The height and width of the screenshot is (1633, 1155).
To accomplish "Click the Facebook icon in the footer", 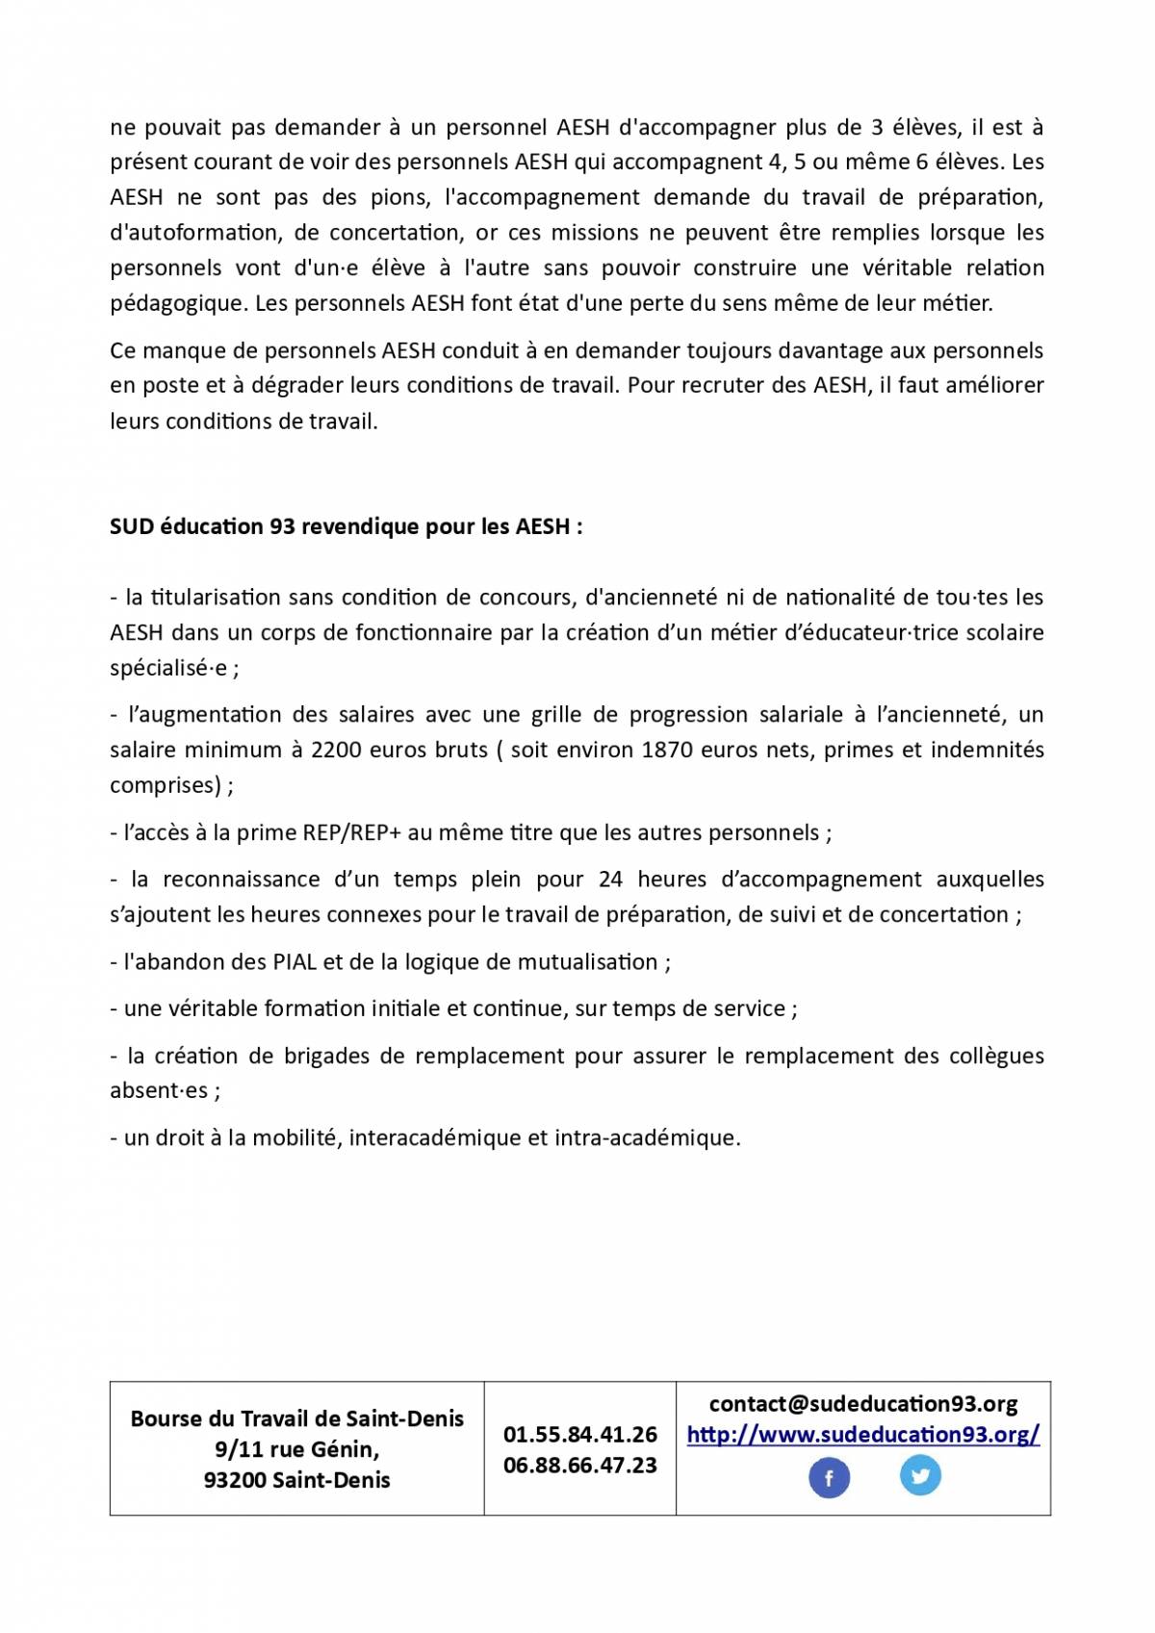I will pos(829,1478).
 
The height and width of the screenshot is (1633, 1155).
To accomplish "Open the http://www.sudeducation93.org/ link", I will pos(862,1435).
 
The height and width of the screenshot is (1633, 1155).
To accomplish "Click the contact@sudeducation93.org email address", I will pos(862,1404).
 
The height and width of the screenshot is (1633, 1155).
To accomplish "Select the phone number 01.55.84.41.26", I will pos(579,1435).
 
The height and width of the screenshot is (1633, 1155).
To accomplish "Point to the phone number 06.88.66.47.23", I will pos(579,1466).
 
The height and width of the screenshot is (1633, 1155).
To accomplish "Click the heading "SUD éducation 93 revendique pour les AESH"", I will pos(346,526).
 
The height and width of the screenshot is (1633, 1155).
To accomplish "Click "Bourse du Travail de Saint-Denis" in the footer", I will pos(296,1418).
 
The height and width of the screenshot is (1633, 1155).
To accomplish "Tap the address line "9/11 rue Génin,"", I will pos(296,1449).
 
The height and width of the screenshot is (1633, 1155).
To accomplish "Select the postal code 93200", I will pos(234,1480).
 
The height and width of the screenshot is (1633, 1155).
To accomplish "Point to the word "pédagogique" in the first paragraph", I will pos(178,303).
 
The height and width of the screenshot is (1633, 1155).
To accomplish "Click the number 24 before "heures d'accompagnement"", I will pos(610,880).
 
